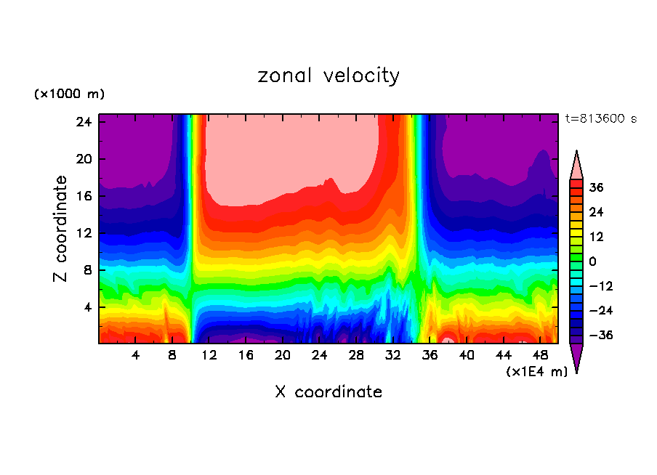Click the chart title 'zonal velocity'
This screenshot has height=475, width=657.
pyautogui.click(x=328, y=76)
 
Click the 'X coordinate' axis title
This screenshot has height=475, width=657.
pyautogui.click(x=328, y=392)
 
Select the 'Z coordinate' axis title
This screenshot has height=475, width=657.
pyautogui.click(x=62, y=229)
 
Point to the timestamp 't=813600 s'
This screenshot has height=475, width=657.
pyautogui.click(x=600, y=118)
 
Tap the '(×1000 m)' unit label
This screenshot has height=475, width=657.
pyautogui.click(x=69, y=94)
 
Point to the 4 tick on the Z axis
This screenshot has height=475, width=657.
pyautogui.click(x=89, y=307)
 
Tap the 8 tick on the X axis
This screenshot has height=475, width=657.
pyautogui.click(x=172, y=355)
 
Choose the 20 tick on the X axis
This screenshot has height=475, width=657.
pyautogui.click(x=283, y=355)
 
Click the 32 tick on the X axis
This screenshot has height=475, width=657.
pyautogui.click(x=393, y=355)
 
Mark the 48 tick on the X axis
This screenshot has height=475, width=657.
pyautogui.click(x=540, y=355)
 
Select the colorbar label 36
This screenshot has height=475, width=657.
pyautogui.click(x=596, y=187)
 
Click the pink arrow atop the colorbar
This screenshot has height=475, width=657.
pyautogui.click(x=576, y=166)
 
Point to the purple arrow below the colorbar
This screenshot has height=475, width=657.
pyautogui.click(x=576, y=357)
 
